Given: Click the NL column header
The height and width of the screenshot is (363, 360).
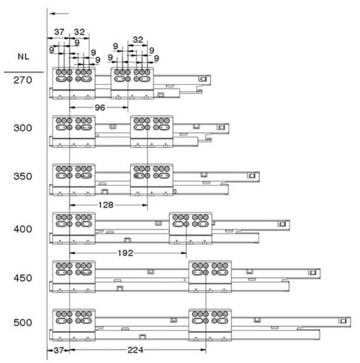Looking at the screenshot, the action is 24,57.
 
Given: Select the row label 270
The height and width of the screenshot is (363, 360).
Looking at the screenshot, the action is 22,80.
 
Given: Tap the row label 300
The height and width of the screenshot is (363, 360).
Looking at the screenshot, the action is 22,128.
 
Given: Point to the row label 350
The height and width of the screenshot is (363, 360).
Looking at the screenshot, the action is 22,177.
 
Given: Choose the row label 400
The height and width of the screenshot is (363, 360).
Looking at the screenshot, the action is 22,229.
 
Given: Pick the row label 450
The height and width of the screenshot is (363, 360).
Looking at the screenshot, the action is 22,278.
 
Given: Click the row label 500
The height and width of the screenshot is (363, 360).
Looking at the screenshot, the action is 22,322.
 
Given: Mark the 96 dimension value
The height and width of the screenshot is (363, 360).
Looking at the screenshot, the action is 100,108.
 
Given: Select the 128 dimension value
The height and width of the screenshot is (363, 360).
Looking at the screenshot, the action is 106,205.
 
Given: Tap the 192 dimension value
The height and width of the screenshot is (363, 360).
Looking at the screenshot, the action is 125,253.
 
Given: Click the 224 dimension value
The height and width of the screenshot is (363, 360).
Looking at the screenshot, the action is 136,350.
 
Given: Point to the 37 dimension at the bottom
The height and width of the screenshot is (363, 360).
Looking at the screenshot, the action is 59,350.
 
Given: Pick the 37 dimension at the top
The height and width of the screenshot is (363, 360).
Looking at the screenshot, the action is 59,32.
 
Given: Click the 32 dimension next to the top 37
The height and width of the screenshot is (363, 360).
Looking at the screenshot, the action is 79,32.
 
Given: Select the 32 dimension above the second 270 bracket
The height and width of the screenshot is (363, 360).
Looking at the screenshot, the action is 138,40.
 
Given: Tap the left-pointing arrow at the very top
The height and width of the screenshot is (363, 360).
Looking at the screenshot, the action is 59,14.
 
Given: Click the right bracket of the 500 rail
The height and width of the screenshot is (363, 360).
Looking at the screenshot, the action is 210,325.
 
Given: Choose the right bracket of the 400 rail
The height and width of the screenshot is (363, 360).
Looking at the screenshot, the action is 191,228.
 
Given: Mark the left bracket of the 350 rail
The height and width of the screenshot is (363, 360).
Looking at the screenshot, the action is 74,180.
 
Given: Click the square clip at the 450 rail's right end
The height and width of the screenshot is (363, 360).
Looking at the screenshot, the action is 313,272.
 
